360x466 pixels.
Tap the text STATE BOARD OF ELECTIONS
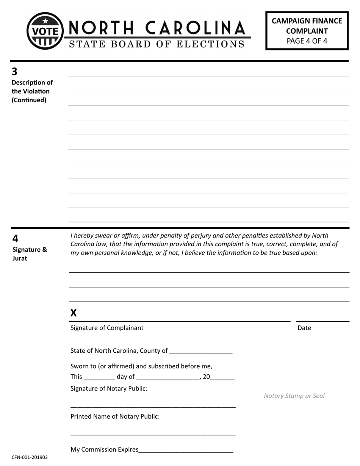157,44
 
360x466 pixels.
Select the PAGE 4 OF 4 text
307,41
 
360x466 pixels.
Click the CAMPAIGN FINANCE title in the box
307,21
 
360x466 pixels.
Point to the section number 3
15,71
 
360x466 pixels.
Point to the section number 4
15,239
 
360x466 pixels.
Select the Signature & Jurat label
30,254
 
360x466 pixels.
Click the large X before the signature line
74,313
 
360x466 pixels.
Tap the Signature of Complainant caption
107,328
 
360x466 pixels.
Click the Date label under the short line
304,328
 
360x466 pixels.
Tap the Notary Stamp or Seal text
294,396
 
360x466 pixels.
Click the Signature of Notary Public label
109,388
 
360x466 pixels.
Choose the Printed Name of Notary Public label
115,416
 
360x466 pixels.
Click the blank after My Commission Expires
186,450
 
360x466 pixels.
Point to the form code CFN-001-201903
30,457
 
